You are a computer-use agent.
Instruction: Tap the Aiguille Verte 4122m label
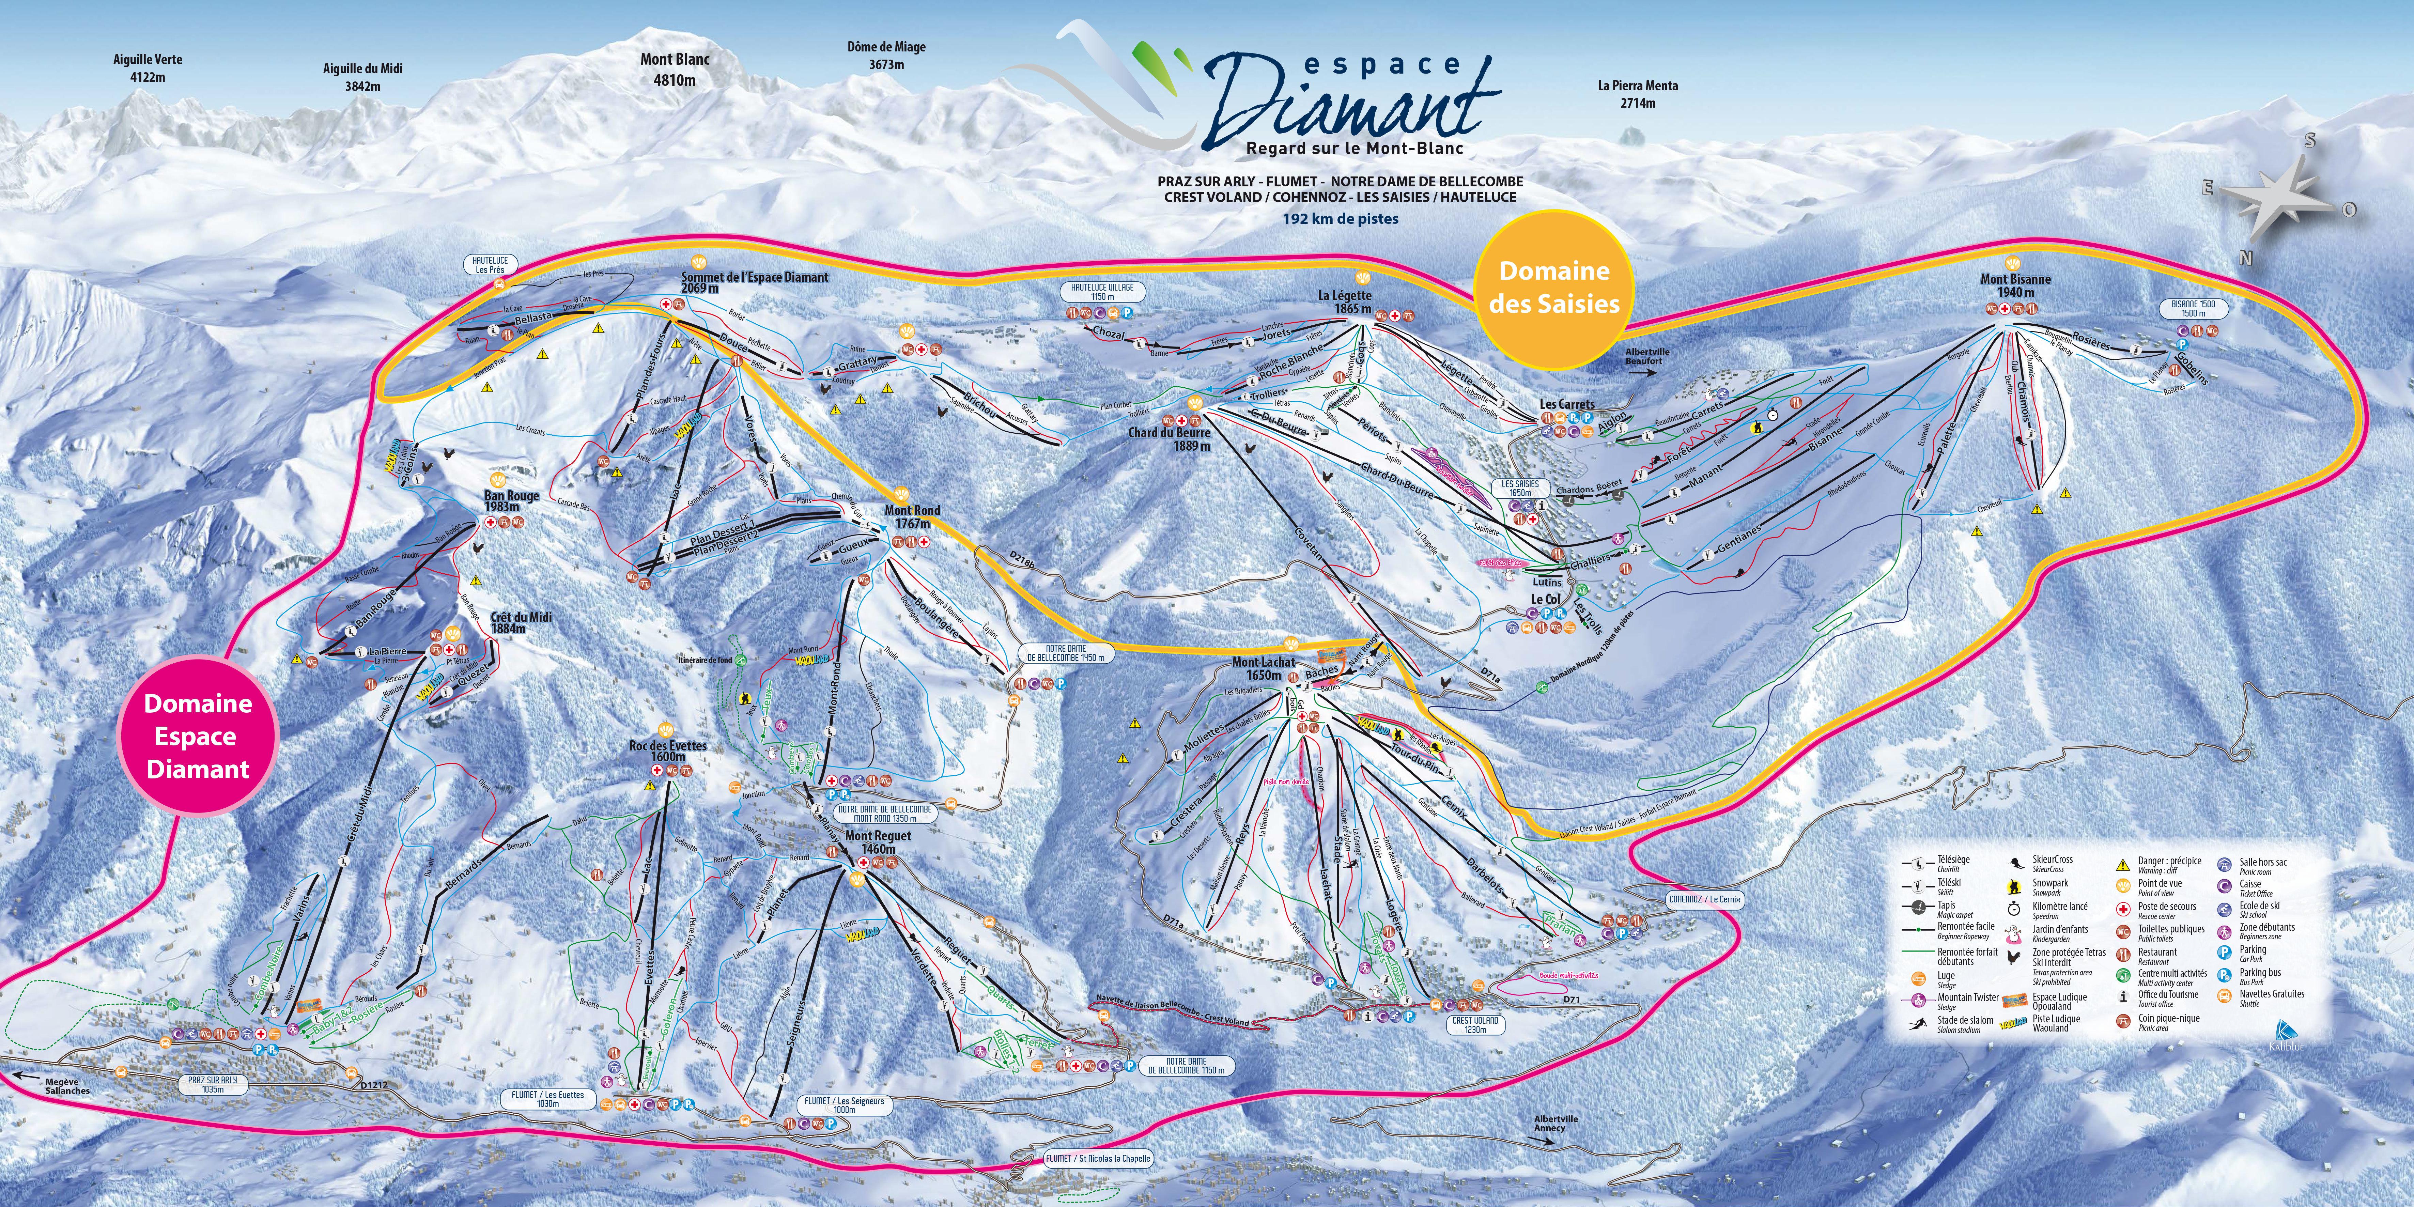click(148, 67)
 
